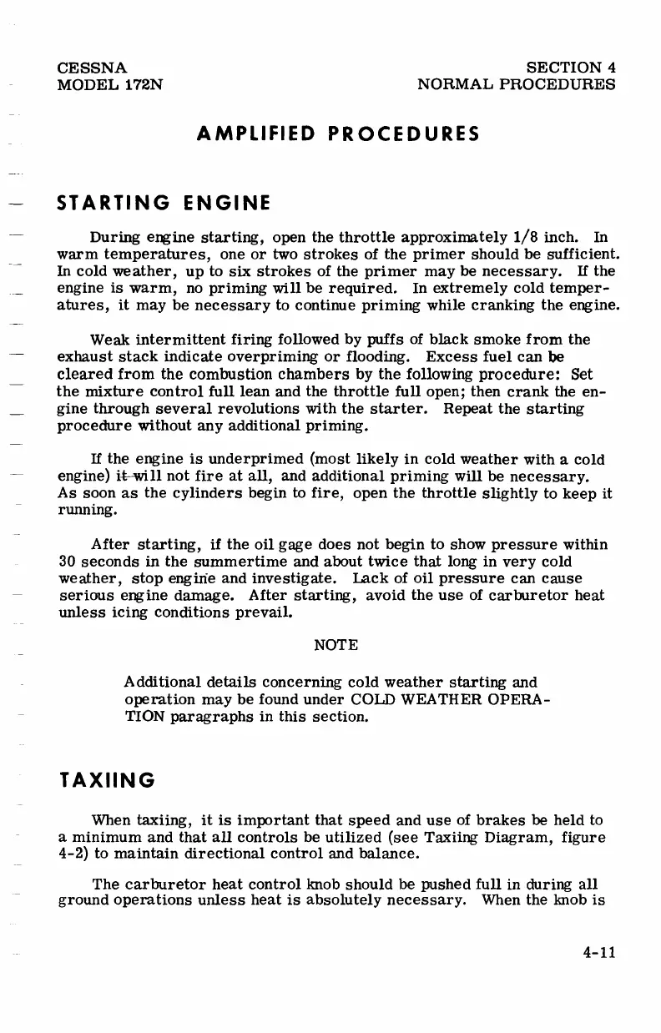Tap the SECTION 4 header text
pos(572,68)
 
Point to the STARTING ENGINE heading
pos(163,203)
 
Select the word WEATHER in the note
pos(442,700)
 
